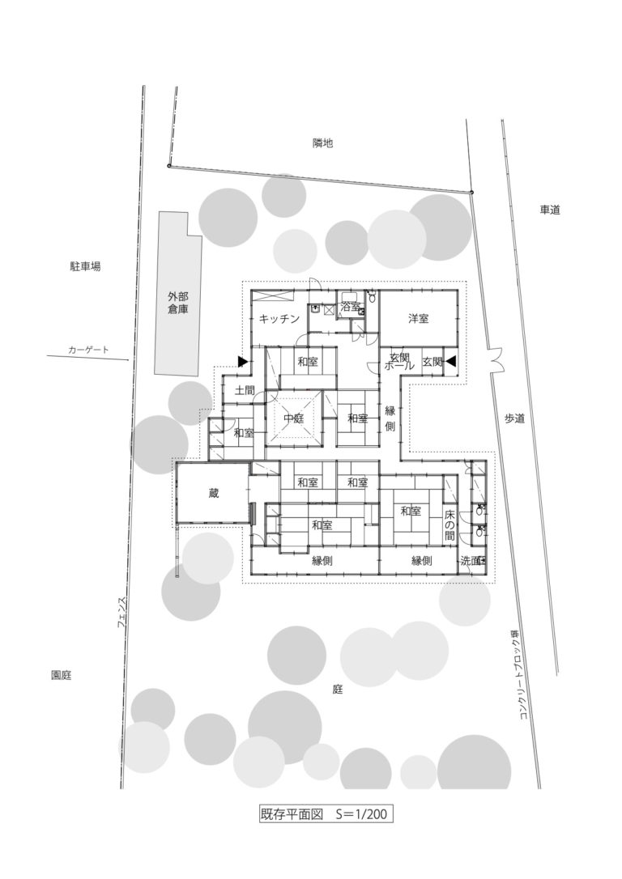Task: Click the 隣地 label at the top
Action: pos(322,143)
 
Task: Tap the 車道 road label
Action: pos(550,210)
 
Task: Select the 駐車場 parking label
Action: pos(85,265)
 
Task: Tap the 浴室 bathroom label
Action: pos(350,308)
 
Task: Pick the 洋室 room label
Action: pos(418,319)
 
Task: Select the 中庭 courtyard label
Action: pos(293,418)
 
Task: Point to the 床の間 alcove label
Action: pos(449,525)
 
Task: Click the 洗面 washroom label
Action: pos(471,560)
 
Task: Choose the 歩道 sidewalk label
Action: pos(515,418)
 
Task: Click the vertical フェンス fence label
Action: pos(121,613)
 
